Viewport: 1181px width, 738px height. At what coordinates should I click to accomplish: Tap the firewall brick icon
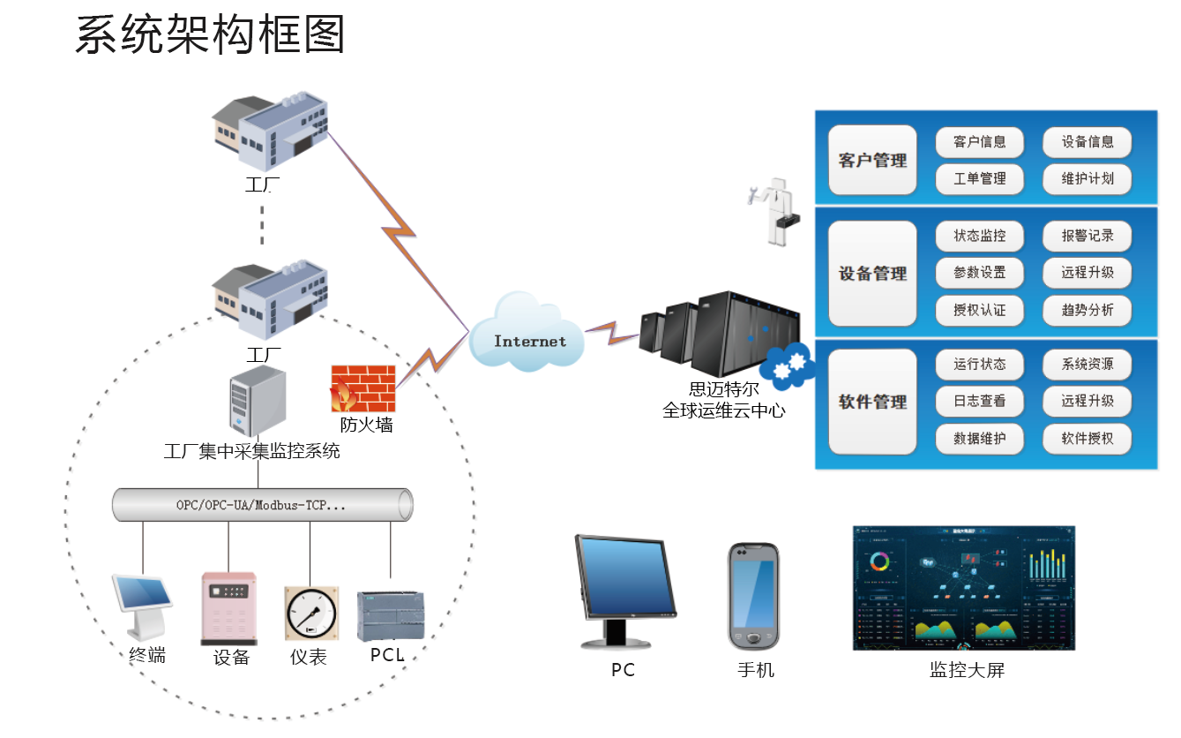coord(363,389)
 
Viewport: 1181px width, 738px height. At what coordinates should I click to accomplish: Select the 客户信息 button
coord(979,142)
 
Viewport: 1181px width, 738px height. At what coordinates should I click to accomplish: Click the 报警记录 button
coord(1087,236)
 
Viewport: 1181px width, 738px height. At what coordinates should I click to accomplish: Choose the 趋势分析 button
coord(1087,310)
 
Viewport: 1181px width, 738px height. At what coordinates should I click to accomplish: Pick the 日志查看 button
coord(979,401)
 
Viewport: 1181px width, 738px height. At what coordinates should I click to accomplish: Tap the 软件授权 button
coord(1087,438)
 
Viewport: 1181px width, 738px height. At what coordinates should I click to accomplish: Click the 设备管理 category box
coord(872,274)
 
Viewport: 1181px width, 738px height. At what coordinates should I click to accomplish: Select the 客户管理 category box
coord(872,161)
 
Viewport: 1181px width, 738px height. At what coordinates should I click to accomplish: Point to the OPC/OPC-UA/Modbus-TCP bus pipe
coord(262,506)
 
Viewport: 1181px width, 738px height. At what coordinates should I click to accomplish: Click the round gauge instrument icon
coord(310,613)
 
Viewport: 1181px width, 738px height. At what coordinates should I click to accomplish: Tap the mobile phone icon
coord(754,597)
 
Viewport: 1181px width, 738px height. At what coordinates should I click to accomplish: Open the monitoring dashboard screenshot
coord(964,588)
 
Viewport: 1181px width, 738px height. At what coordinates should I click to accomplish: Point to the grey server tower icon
coord(257,401)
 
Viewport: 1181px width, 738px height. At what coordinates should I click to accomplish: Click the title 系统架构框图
coord(210,35)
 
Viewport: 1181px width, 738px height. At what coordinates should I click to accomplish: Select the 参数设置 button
coord(979,273)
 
